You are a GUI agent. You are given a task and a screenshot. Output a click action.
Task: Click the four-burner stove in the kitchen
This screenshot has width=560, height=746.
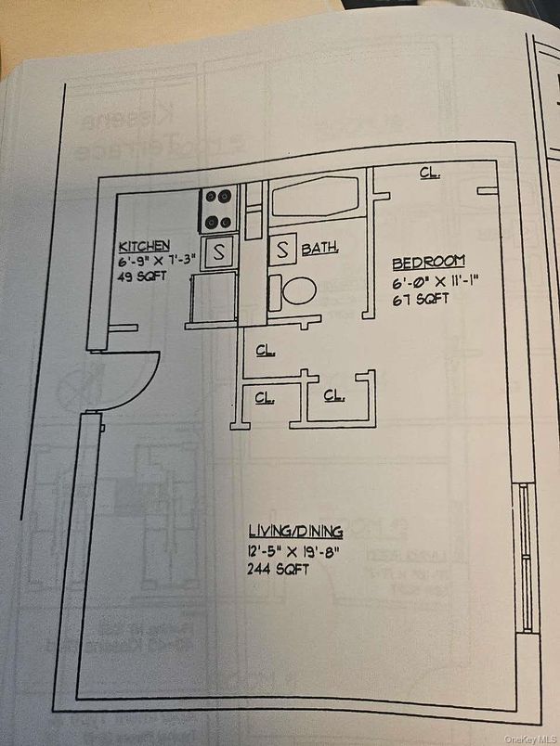(220, 209)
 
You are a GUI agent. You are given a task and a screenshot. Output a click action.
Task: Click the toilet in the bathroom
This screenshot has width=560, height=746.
(295, 290)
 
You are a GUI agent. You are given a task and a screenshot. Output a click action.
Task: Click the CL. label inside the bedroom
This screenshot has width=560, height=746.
(429, 173)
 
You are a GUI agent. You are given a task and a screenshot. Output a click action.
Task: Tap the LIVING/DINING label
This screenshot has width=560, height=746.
(295, 533)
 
